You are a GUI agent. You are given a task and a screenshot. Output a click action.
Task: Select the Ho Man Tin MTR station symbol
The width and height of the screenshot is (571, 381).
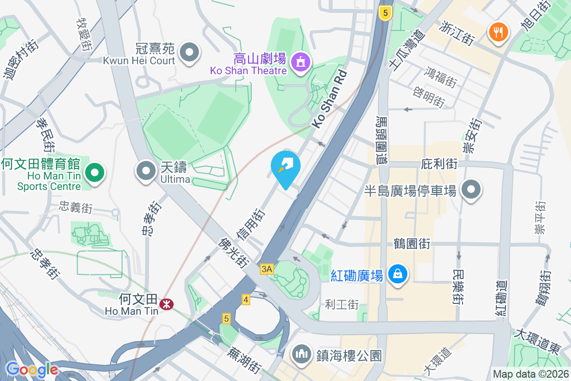click(x=167, y=304)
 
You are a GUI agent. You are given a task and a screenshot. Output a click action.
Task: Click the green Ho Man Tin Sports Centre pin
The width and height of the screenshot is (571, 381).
click(x=95, y=172)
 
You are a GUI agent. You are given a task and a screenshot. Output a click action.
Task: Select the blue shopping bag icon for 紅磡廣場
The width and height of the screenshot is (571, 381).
click(x=396, y=274)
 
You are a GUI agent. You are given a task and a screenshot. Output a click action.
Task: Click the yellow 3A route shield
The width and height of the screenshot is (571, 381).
click(x=267, y=269)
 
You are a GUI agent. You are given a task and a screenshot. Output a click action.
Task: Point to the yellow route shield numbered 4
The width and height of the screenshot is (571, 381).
click(x=246, y=300)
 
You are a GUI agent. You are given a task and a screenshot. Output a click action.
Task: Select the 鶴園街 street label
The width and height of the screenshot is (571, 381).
click(x=412, y=244)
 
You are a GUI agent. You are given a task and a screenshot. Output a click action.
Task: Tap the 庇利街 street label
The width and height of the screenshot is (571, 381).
click(x=439, y=164)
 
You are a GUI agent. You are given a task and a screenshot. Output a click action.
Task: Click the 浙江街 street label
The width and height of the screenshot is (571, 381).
click(x=458, y=33)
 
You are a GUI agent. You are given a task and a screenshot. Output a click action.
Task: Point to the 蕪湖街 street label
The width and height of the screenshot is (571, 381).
click(x=244, y=360)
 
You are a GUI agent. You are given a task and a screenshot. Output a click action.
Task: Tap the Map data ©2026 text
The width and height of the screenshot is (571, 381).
click(x=531, y=374)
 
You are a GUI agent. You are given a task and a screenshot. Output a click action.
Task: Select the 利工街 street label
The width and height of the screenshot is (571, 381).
click(x=342, y=304)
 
